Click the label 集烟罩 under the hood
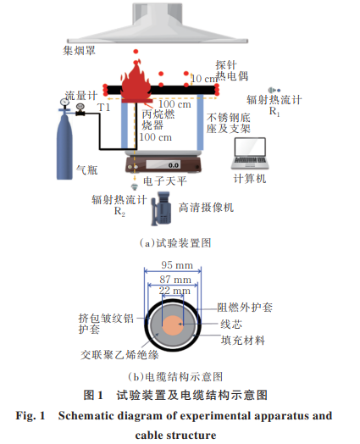(79, 51)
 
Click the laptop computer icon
(250, 153)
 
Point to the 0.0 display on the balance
(173, 165)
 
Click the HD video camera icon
(161, 208)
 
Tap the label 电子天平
(165, 181)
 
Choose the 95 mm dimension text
(177, 265)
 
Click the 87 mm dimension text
(175, 280)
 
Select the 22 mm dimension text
(174, 291)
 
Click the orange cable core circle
(173, 325)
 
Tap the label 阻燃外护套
(245, 308)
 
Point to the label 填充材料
(243, 340)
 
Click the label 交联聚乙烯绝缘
(119, 355)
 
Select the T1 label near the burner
(103, 108)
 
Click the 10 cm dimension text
(204, 79)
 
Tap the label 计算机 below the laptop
(250, 179)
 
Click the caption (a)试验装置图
(175, 243)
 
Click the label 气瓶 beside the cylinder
(87, 170)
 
